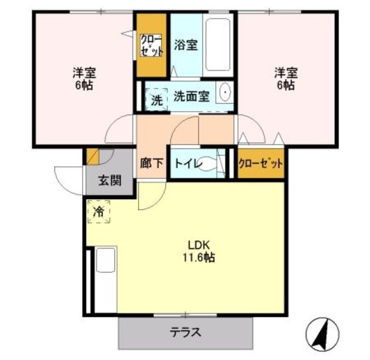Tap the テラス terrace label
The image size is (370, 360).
click(x=186, y=333)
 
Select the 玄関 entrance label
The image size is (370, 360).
click(x=109, y=181)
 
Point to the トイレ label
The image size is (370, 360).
click(x=187, y=164)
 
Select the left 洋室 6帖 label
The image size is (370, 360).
click(x=84, y=79)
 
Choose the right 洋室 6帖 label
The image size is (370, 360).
click(x=286, y=79)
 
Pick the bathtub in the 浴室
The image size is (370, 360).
click(x=218, y=46)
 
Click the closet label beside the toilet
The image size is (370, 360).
click(x=261, y=163)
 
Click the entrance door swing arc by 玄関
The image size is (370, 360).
click(x=65, y=174)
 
